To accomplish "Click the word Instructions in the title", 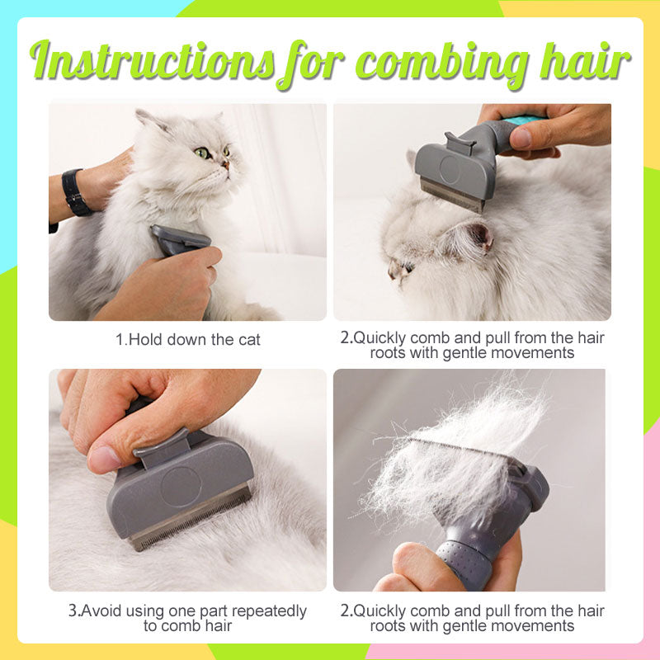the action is pos(153,61).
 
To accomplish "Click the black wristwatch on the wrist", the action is pos(75,193).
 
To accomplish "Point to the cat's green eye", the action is pos(202,153).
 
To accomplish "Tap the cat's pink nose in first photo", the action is pos(226,163).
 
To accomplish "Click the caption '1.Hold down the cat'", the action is pos(188,340).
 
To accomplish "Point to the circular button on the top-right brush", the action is pos(450,169).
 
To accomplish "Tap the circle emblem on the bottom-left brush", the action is pos(181,487).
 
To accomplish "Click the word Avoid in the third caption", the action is pos(100,610).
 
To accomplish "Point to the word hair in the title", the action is pos(585,61).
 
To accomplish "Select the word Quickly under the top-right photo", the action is pos(380,338).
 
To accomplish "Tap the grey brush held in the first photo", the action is pos(179,240).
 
